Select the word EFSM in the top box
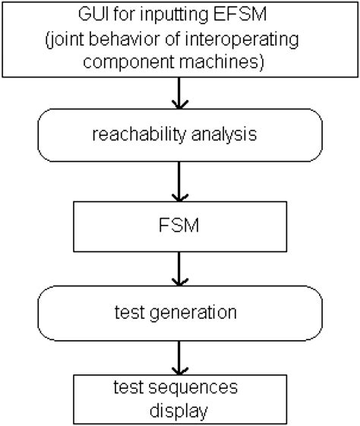point(241,14)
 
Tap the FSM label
point(179,226)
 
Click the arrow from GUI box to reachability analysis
point(179,95)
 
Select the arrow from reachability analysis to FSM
point(179,184)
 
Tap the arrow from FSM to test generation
point(179,271)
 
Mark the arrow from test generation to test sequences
point(179,358)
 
